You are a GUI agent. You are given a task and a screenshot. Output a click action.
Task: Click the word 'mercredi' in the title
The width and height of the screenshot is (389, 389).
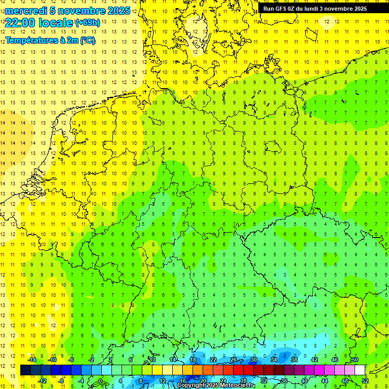pos(26,11)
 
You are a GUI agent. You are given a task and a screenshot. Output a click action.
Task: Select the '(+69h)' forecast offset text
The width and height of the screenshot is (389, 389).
pos(88,23)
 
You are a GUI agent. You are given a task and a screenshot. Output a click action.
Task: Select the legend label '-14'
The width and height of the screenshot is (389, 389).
pos(31,360)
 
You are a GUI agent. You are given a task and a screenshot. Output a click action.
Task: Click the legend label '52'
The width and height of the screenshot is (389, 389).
pos(365,380)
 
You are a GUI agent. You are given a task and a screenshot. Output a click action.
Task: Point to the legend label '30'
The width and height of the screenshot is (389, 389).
pos(254,360)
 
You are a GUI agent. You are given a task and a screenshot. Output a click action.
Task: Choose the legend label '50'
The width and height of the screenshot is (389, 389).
pos(355,360)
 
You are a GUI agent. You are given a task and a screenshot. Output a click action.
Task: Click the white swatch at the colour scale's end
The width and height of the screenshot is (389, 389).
pos(360,370)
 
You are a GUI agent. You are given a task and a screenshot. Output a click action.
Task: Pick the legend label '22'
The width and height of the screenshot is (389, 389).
pos(213,360)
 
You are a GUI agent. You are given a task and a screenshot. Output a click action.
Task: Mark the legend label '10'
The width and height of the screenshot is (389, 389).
pos(152,360)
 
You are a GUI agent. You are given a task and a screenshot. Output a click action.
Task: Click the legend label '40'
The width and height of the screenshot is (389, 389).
pos(304,380)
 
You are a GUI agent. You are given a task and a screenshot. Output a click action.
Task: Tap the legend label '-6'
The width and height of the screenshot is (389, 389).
pos(71,360)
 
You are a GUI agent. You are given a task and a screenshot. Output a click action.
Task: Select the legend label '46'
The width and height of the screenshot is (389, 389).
pos(334,360)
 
